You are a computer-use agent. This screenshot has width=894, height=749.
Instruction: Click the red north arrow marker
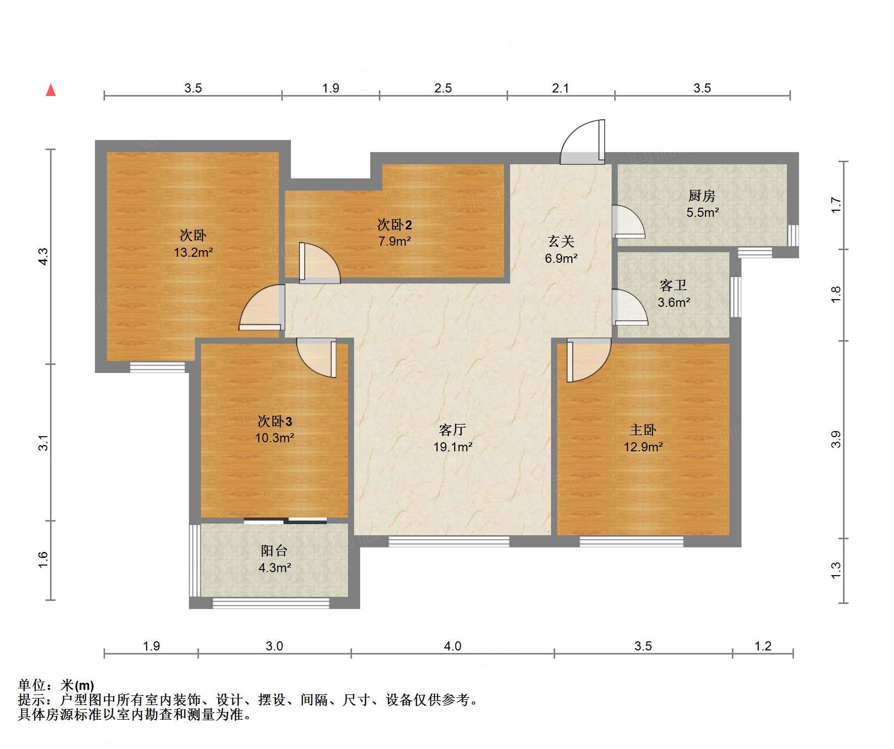[51, 90]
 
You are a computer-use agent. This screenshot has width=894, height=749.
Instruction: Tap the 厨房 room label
[702, 196]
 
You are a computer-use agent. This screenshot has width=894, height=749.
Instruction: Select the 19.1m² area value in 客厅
[453, 447]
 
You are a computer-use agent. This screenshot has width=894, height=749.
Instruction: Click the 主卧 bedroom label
[642, 430]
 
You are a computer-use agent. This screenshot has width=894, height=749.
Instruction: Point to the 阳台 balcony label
[274, 550]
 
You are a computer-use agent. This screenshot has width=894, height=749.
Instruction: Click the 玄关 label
[561, 241]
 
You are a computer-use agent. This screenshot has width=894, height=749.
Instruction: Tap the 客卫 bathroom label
[673, 286]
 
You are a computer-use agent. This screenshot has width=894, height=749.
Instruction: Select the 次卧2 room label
[394, 224]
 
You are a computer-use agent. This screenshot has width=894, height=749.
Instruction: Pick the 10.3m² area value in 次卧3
[274, 438]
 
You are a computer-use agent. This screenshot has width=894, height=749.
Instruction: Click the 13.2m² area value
[193, 252]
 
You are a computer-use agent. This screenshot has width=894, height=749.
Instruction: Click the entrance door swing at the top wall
[584, 142]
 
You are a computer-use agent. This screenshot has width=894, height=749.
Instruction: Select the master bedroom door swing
[587, 360]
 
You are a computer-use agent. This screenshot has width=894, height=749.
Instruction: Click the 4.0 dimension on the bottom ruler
[452, 646]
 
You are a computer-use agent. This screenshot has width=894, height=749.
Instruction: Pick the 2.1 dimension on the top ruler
[560, 88]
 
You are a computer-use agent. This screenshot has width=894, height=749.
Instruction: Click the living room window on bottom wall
[449, 542]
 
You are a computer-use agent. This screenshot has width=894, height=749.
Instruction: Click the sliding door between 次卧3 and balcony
[285, 521]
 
